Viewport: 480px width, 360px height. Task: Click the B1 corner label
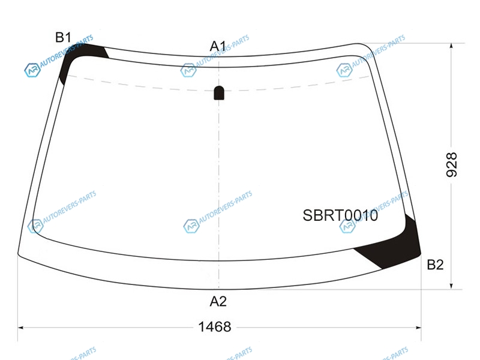tap(64, 37)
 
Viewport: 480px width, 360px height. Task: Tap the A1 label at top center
tap(218, 47)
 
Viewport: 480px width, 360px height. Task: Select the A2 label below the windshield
tap(218, 302)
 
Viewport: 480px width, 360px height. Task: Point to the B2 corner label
tap(435, 265)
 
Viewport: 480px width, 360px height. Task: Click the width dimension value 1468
tap(215, 327)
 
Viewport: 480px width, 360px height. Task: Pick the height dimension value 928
tap(452, 164)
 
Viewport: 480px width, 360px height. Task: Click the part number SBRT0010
tap(340, 215)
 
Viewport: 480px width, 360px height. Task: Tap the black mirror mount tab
tap(218, 93)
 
